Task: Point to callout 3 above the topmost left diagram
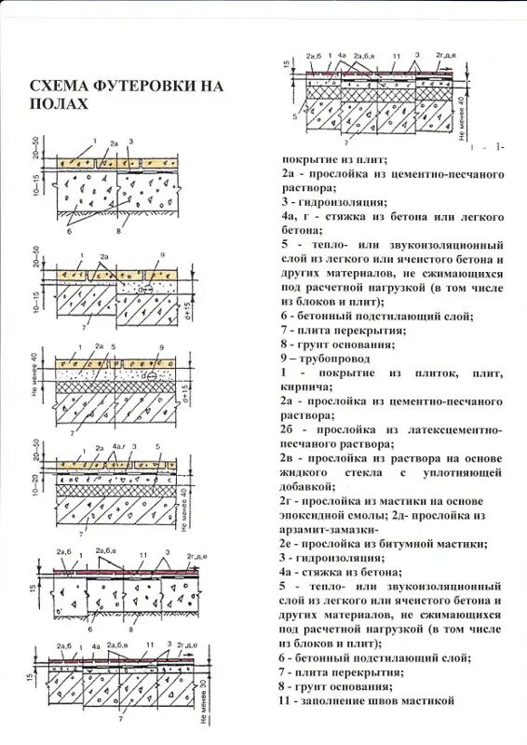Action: click(132, 142)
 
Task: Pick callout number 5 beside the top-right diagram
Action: click(293, 118)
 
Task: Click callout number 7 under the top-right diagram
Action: click(346, 145)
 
